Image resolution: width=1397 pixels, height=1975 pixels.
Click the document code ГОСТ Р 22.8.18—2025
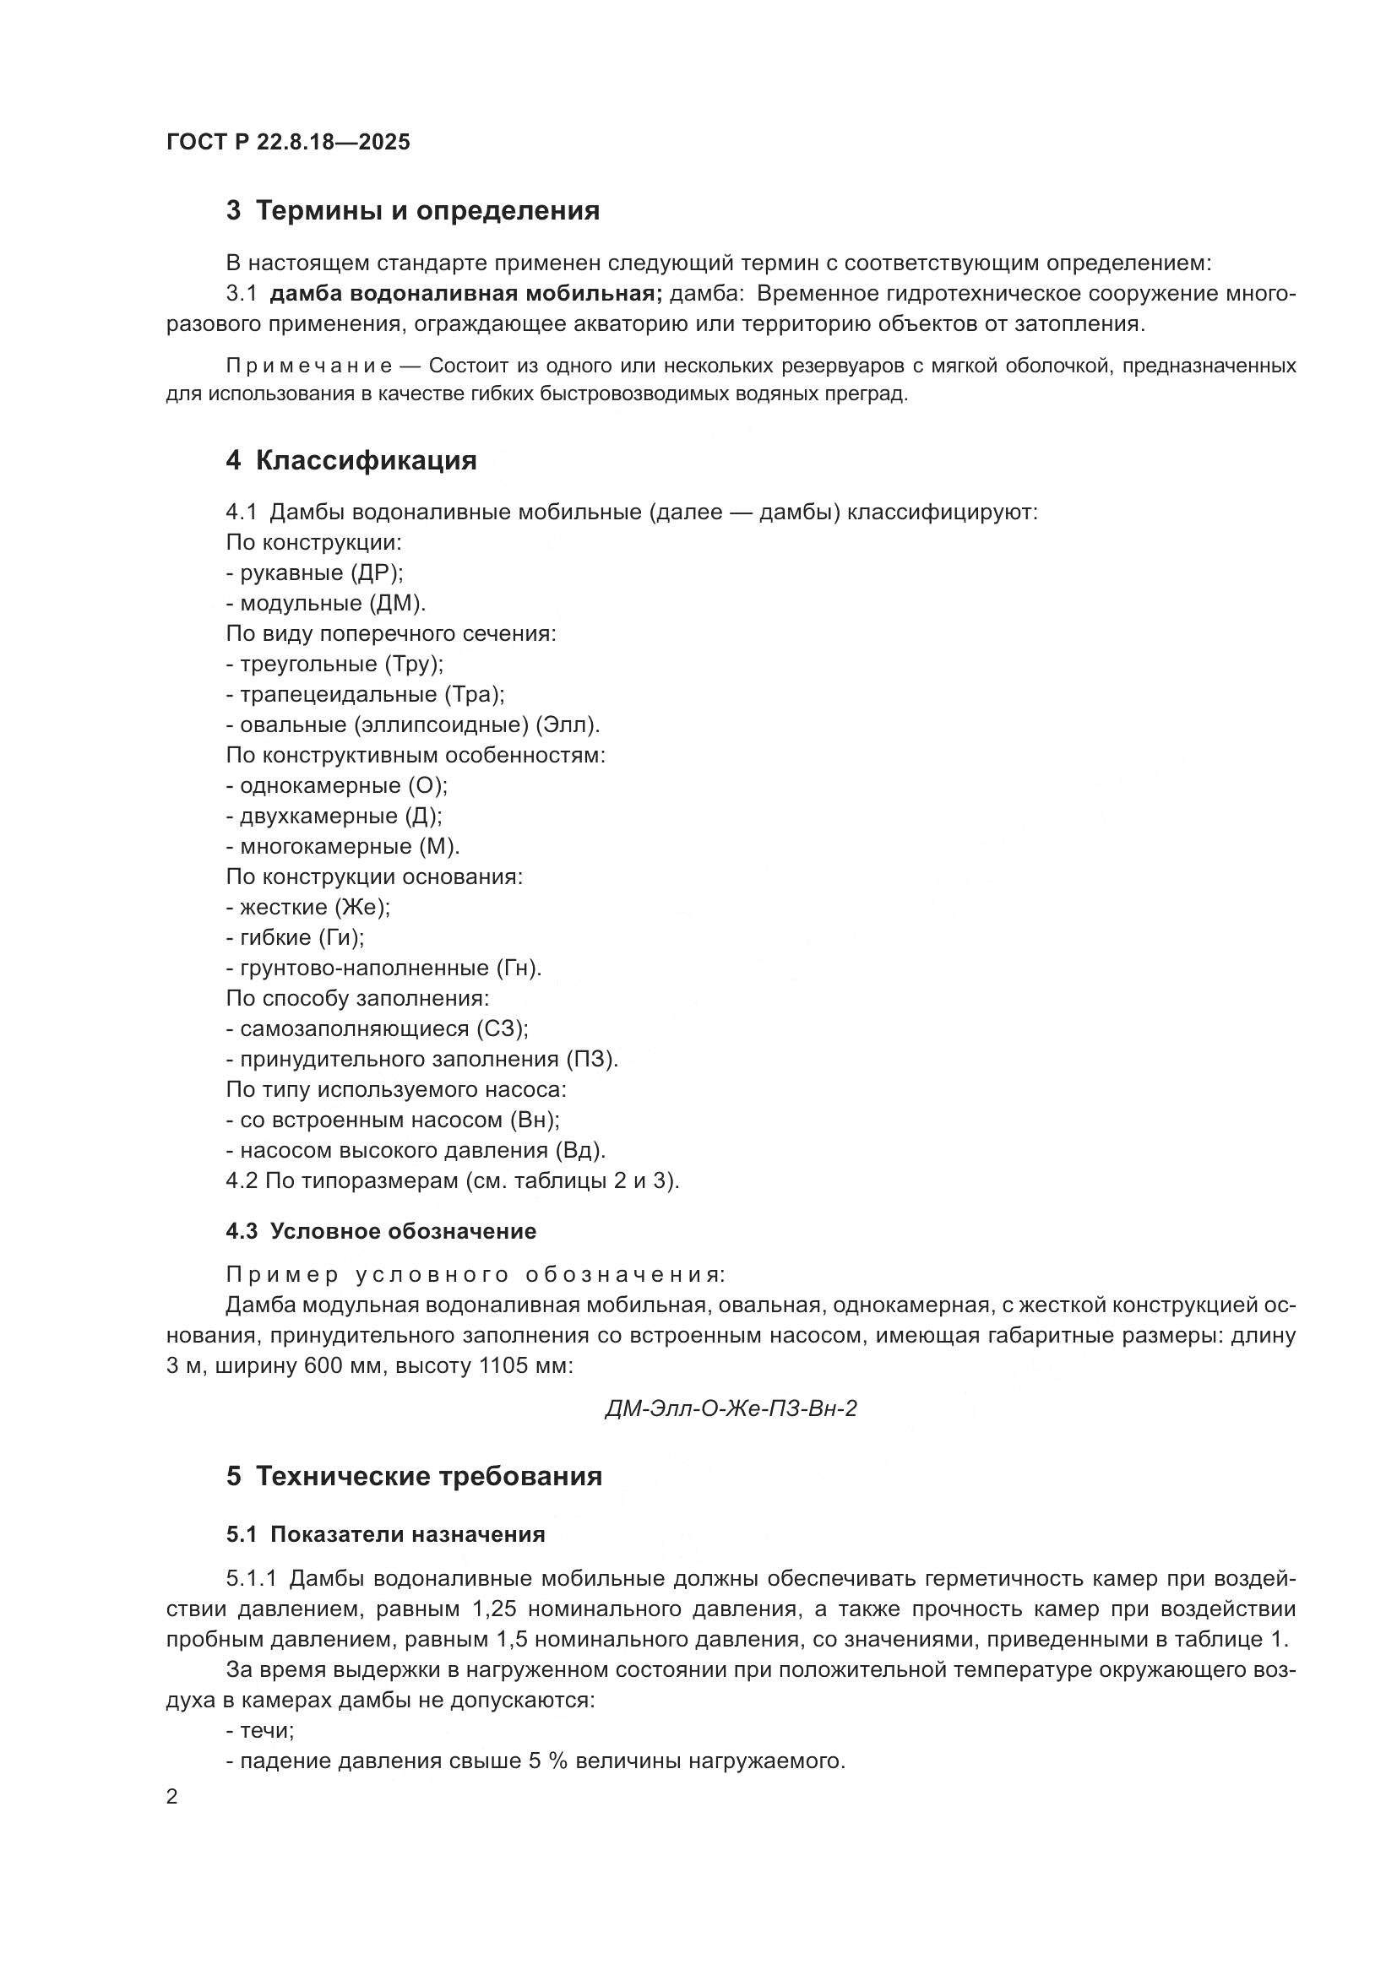[288, 143]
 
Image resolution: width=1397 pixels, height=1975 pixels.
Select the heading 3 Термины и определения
[413, 211]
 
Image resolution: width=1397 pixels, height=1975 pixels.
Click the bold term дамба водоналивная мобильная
[465, 294]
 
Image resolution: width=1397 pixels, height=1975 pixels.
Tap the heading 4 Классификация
[351, 461]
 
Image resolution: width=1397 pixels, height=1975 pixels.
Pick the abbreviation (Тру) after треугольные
[414, 664]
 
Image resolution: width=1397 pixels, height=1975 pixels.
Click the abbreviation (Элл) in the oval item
[567, 725]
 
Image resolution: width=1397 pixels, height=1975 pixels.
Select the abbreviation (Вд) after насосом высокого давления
[580, 1151]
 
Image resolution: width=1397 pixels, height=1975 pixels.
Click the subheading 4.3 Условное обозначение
[381, 1232]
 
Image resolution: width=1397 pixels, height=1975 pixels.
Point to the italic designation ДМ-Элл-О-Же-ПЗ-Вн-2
[731, 1410]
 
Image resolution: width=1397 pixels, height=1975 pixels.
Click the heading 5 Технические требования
[415, 1477]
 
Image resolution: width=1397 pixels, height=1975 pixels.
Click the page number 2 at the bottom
[172, 1797]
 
